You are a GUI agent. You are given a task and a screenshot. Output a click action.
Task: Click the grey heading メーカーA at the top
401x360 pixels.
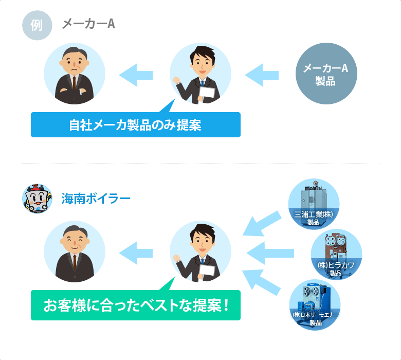88,24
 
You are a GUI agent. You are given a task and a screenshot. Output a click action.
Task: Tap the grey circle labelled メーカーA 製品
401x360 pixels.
326,74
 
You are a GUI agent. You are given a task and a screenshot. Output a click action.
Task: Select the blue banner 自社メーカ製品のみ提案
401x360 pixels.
136,125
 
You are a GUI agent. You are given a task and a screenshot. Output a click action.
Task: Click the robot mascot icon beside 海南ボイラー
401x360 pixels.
37,199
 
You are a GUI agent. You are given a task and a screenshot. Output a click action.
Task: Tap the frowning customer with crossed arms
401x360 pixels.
75,74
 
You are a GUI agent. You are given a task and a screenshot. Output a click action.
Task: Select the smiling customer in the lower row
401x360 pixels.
75,251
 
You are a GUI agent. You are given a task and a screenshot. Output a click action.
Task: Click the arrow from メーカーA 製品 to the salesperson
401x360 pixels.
262,75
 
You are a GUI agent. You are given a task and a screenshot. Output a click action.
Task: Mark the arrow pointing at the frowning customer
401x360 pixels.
136,75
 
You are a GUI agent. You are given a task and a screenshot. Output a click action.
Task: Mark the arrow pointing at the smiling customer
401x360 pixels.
136,253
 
